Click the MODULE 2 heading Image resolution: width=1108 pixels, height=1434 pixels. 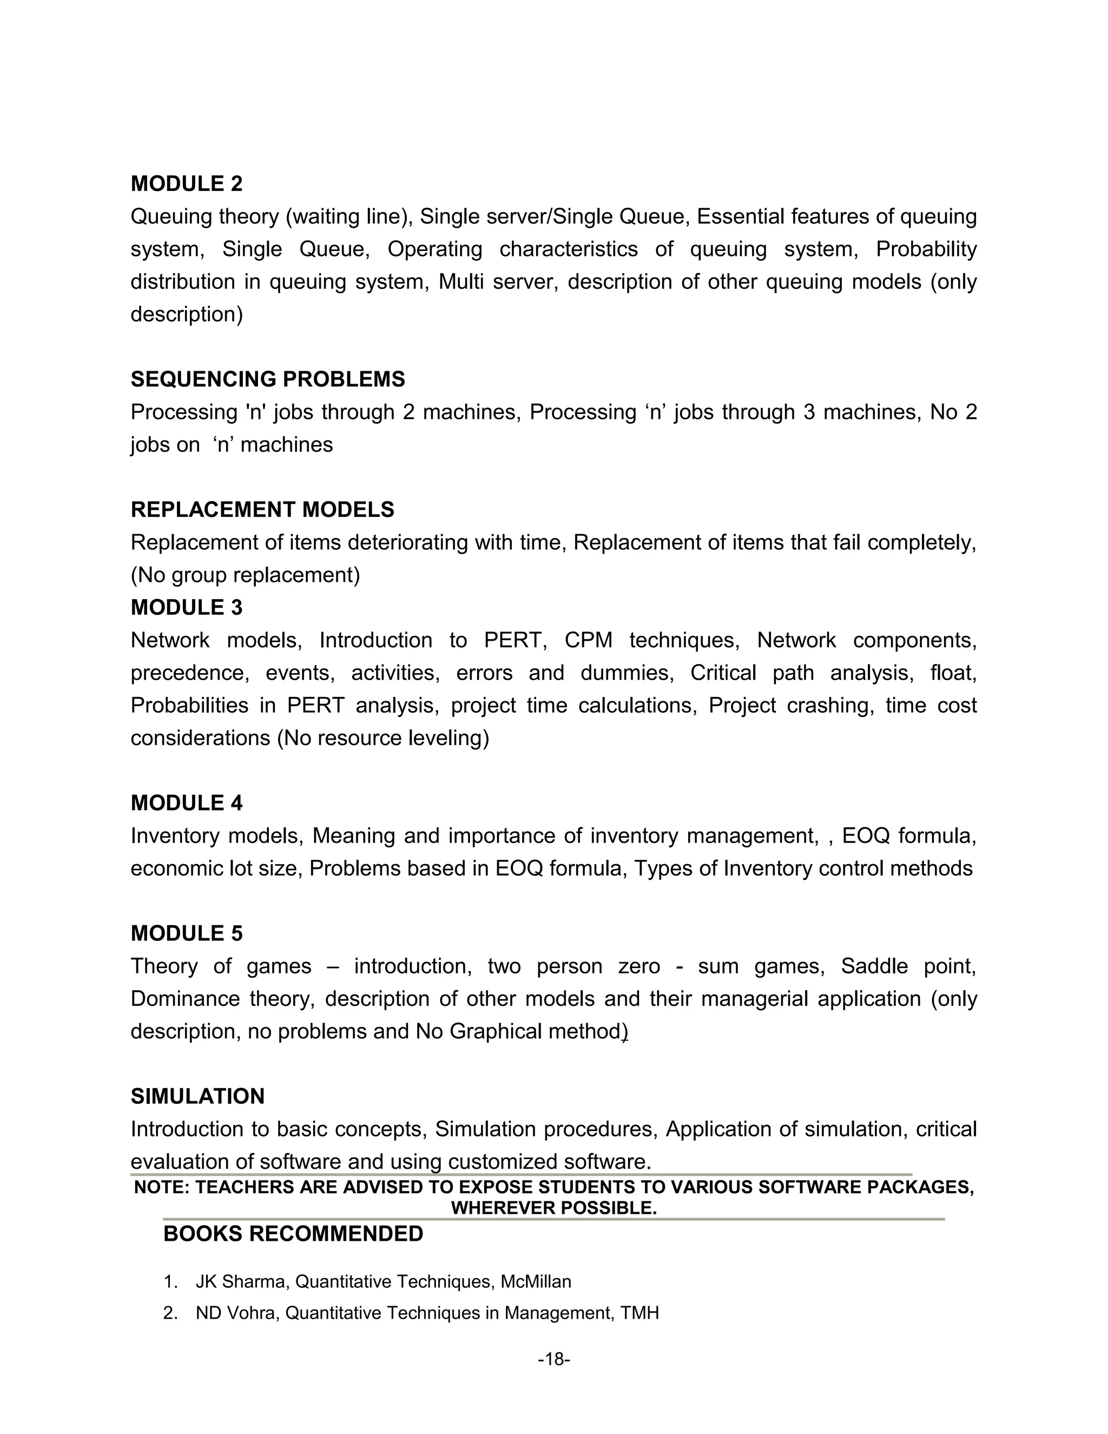pos(187,184)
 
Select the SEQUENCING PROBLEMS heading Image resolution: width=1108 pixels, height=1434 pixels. pos(267,379)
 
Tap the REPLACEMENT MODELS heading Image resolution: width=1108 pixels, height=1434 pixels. pos(262,510)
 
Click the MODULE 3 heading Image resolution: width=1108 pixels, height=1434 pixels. pos(187,607)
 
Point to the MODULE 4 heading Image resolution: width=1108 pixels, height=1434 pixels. pos(187,803)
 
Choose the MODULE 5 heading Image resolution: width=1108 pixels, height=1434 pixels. pos(187,933)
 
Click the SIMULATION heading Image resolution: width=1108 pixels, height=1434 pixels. pos(197,1096)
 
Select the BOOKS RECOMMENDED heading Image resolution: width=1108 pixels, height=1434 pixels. pos(293,1234)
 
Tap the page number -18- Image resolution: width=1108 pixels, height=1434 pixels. pos(553,1359)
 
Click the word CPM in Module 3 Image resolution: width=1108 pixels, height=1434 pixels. pos(588,640)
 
